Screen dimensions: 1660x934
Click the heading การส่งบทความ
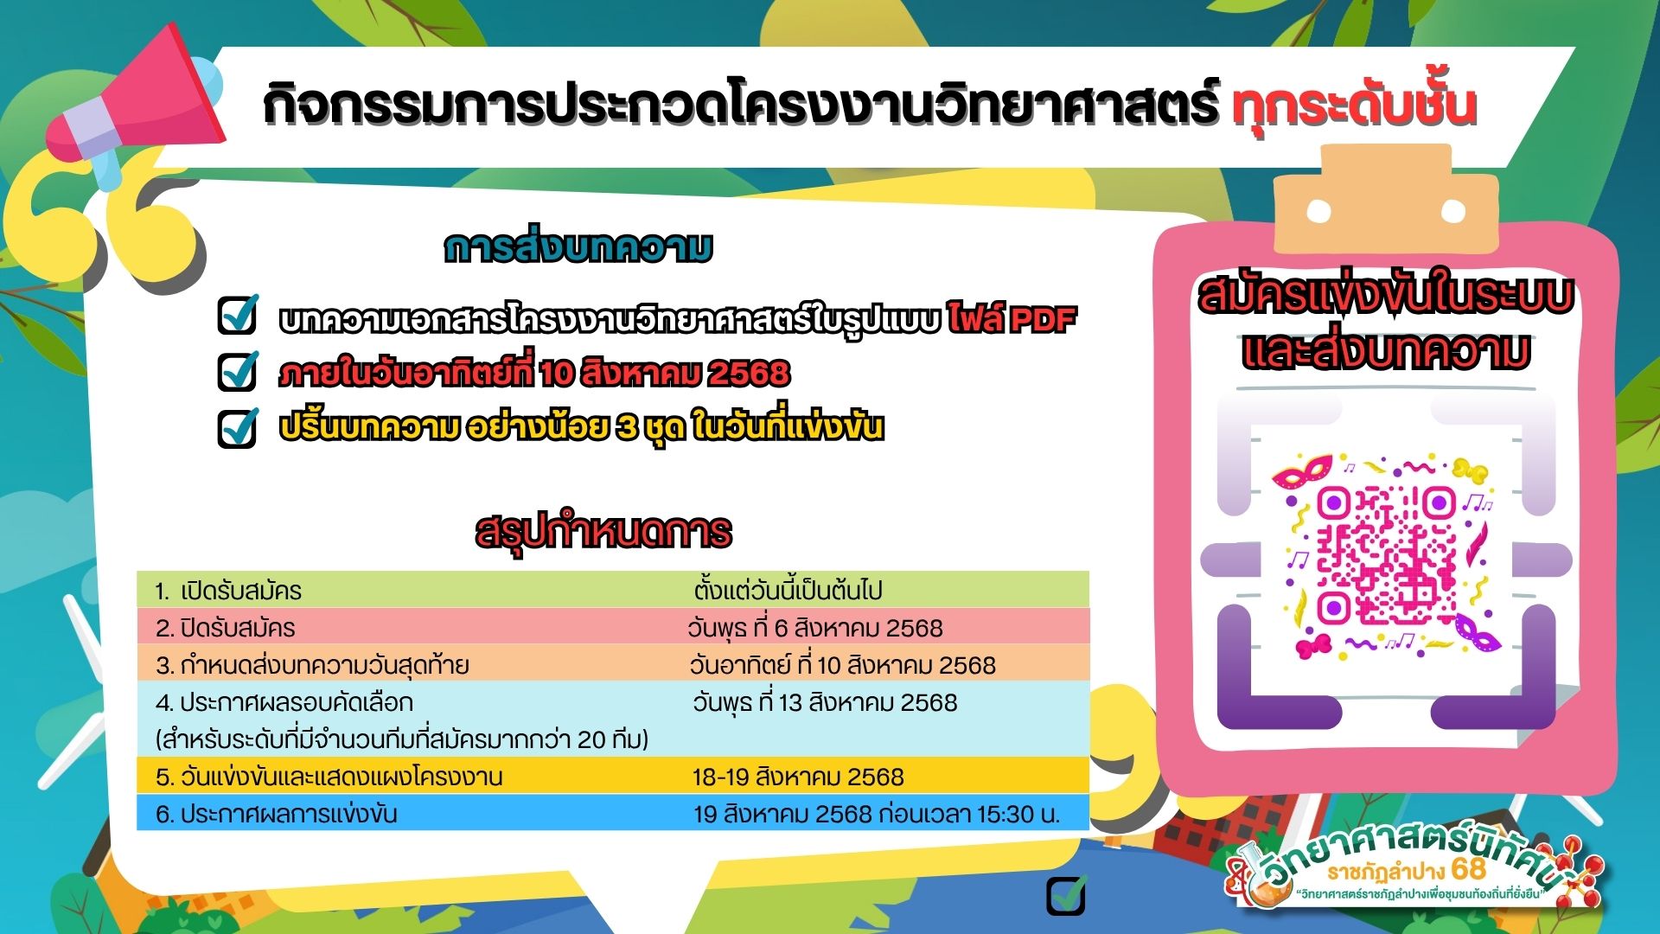click(x=578, y=248)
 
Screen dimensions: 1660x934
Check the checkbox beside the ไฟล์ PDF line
click(x=238, y=315)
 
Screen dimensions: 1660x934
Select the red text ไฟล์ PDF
click(x=1012, y=319)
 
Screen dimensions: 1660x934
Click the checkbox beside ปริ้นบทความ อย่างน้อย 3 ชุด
click(x=238, y=427)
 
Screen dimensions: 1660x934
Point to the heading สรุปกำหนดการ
click(x=603, y=532)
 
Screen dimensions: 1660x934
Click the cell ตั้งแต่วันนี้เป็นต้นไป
click(x=788, y=591)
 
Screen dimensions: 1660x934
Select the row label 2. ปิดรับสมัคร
click(x=226, y=628)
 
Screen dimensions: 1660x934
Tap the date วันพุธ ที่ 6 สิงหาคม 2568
click(x=815, y=628)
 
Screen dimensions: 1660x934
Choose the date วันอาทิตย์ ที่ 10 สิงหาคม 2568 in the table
click(x=843, y=665)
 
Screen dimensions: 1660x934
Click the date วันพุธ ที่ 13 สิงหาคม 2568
click(x=825, y=702)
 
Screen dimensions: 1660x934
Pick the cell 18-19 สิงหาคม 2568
click(x=798, y=777)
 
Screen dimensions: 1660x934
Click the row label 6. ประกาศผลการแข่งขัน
click(x=277, y=814)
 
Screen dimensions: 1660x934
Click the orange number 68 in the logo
click(x=1469, y=868)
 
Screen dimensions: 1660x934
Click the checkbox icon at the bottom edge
click(x=1066, y=895)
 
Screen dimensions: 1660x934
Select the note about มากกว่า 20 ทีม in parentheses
click(x=402, y=739)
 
